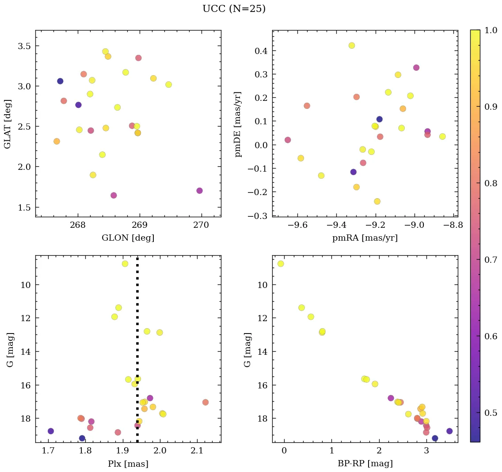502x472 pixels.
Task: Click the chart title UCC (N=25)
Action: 234,9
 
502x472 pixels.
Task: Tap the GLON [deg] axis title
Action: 128,238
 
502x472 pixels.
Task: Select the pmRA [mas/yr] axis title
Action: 365,238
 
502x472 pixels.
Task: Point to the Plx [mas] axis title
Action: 128,464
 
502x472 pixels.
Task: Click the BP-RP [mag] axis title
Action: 365,464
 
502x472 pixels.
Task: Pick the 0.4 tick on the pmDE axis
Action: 261,51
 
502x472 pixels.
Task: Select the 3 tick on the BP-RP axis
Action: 426,451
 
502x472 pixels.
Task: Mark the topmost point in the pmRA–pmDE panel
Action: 352,46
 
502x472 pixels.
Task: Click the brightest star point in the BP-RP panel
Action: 281,264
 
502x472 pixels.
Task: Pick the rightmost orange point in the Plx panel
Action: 205,402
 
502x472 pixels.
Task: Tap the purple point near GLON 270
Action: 199,191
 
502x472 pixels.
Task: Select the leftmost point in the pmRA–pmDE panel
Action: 288,140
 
